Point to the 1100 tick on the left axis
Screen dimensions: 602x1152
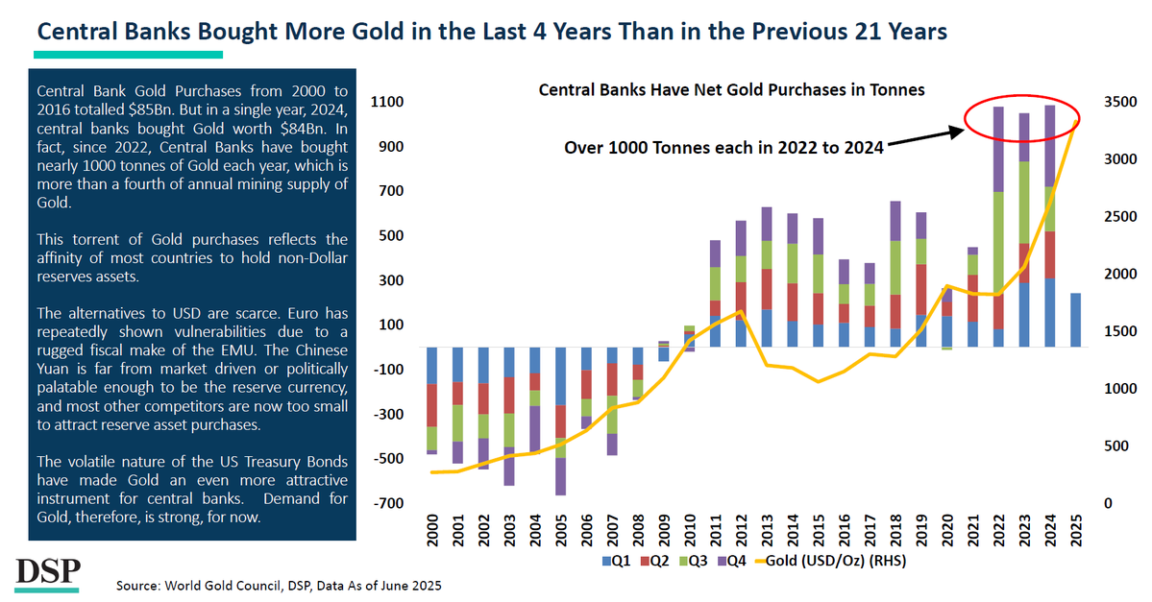[x=392, y=102]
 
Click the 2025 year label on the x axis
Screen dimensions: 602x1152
[x=1075, y=530]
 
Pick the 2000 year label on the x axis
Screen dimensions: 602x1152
[x=432, y=530]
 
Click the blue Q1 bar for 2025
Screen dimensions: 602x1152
[x=1074, y=320]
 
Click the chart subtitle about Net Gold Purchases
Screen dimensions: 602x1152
[x=730, y=90]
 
